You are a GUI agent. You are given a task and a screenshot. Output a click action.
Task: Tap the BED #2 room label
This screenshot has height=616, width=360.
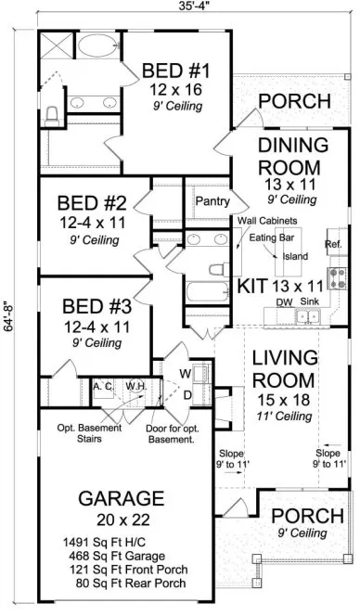coord(92,202)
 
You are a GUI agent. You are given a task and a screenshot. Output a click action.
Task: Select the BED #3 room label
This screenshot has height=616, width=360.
coord(92,306)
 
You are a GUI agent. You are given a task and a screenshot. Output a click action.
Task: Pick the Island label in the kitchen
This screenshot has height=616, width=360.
coord(294,256)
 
